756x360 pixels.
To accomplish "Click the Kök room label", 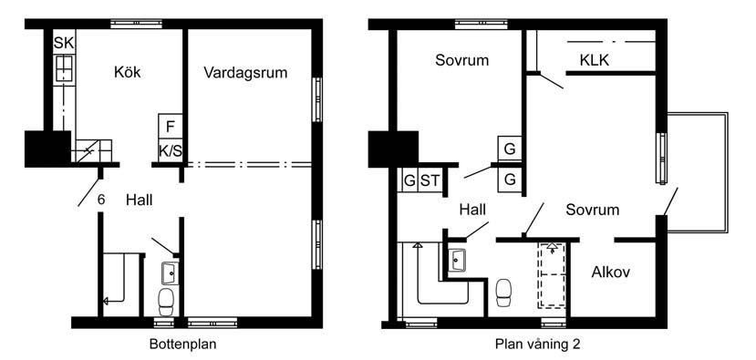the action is click(x=128, y=72).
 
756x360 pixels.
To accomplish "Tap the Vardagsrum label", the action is click(x=245, y=73).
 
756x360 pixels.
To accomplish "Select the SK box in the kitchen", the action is click(x=64, y=43).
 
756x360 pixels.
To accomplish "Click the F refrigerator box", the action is click(x=171, y=127).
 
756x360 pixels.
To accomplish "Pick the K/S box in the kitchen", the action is click(x=171, y=151).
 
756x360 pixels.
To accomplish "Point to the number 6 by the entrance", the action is click(x=100, y=200).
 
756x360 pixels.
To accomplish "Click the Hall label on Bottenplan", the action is click(x=140, y=200).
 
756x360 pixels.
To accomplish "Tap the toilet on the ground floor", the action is click(x=166, y=301).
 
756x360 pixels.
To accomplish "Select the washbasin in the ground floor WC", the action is click(x=170, y=273).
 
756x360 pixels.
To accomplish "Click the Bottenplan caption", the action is click(x=182, y=345).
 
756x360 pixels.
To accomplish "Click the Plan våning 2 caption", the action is click(x=537, y=345).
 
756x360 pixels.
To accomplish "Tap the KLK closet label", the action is click(x=594, y=60).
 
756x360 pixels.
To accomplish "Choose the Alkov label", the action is click(x=610, y=273).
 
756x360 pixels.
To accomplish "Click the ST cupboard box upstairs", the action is click(x=430, y=180).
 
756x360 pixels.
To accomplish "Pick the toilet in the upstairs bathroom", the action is click(x=504, y=292).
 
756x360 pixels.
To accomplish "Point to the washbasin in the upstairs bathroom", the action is click(x=457, y=261).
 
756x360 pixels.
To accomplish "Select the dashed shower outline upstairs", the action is click(x=552, y=274).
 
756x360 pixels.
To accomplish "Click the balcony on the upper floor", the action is click(x=697, y=172).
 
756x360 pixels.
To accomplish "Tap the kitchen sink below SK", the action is click(x=64, y=69).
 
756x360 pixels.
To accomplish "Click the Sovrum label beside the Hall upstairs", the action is click(x=593, y=210).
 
